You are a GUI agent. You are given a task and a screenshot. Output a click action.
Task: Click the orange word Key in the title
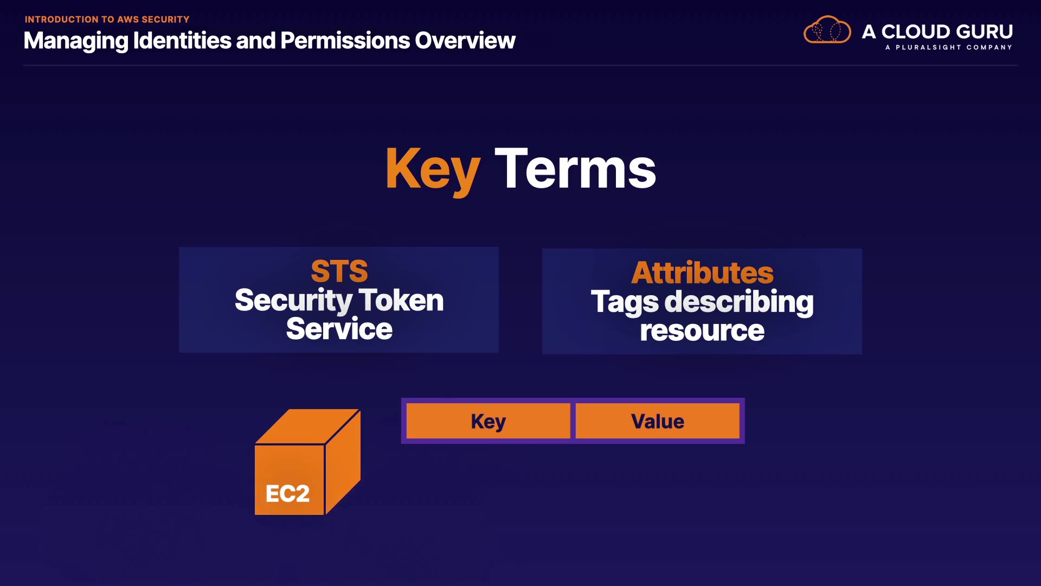(x=432, y=169)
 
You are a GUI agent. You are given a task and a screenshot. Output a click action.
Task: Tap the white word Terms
(x=575, y=169)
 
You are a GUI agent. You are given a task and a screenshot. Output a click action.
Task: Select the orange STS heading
(x=339, y=271)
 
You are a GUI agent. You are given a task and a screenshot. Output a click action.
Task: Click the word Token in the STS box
(x=401, y=300)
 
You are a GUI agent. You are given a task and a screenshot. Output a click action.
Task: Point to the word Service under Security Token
(x=339, y=329)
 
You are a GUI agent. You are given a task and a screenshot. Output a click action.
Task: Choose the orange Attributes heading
(x=702, y=272)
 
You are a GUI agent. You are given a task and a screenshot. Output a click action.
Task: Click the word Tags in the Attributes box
(x=624, y=302)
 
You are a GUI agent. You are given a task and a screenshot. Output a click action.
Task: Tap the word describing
(x=739, y=302)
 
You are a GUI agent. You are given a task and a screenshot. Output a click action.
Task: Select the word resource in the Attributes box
(x=702, y=330)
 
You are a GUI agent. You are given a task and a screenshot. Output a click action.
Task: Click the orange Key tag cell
(x=488, y=421)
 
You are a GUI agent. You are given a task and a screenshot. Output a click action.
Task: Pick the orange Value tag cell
(x=657, y=421)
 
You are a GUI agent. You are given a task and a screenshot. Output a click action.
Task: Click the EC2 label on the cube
(x=287, y=493)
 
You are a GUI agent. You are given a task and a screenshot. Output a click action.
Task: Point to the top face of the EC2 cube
(x=307, y=426)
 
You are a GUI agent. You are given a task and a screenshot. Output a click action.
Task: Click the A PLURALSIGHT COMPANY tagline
(x=949, y=47)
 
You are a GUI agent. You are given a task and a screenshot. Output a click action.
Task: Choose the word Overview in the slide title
(x=465, y=41)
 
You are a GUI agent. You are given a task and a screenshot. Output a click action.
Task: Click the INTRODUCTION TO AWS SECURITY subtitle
(x=107, y=20)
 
